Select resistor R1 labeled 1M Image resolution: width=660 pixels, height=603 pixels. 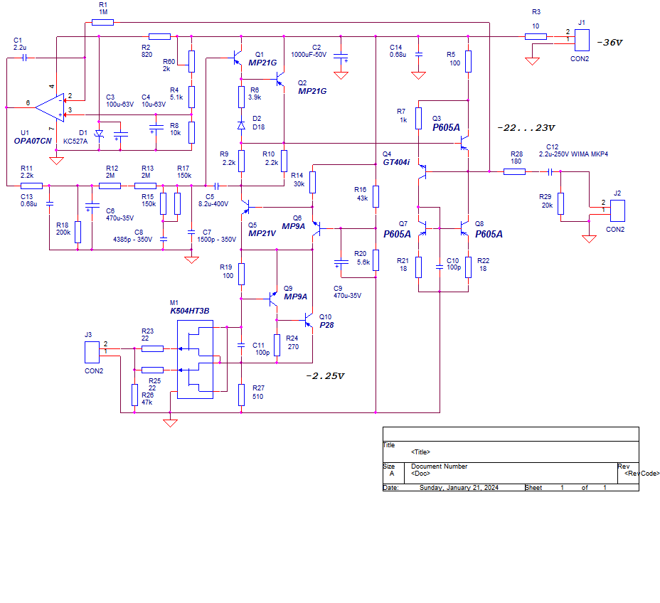pyautogui.click(x=102, y=22)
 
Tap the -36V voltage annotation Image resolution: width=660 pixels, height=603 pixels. pyautogui.click(x=609, y=43)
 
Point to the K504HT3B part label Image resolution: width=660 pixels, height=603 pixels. pyautogui.click(x=190, y=311)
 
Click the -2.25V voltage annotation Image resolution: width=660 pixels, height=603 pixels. pyautogui.click(x=325, y=376)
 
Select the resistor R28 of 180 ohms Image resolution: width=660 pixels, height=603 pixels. pyautogui.click(x=514, y=171)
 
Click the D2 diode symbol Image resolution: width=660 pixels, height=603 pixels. pyautogui.click(x=241, y=126)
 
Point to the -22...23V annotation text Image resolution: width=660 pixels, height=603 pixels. pyautogui.click(x=526, y=128)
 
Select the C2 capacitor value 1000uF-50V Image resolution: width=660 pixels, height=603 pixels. pyautogui.click(x=309, y=55)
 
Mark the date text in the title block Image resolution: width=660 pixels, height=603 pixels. pyautogui.click(x=452, y=488)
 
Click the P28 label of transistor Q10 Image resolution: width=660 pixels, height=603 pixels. pyautogui.click(x=326, y=325)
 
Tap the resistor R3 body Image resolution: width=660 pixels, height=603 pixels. pyautogui.click(x=536, y=36)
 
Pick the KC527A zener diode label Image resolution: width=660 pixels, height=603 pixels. pyautogui.click(x=75, y=142)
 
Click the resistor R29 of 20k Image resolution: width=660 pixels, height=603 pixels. pyautogui.click(x=561, y=203)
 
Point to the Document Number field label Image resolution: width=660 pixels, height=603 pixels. pyautogui.click(x=440, y=466)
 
